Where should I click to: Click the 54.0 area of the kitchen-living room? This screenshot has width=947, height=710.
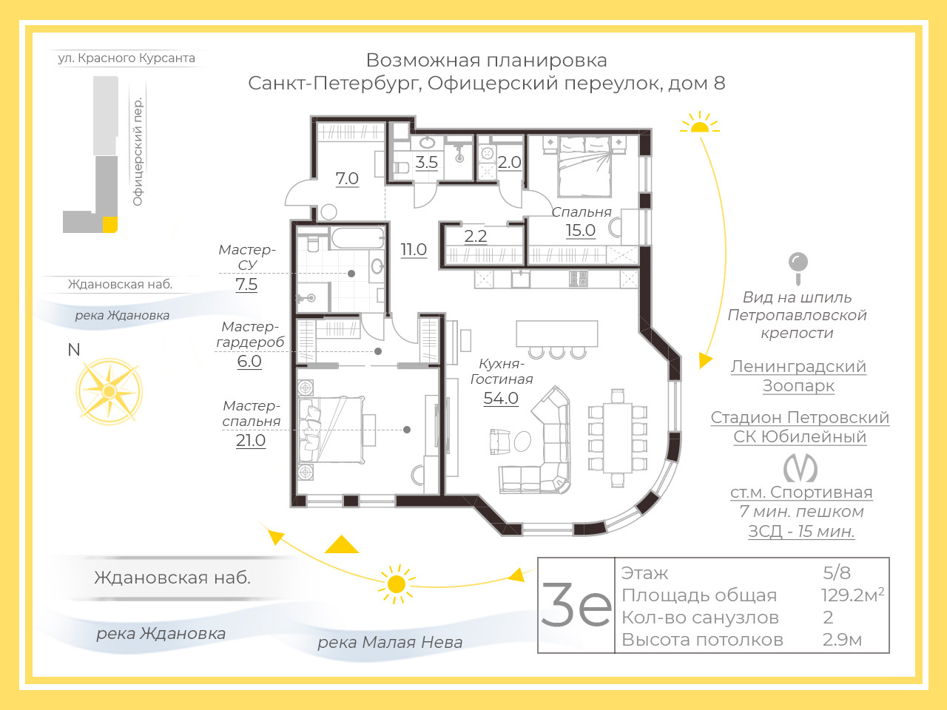(500, 398)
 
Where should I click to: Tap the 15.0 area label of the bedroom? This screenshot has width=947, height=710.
(581, 230)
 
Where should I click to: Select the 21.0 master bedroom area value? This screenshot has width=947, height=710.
(251, 440)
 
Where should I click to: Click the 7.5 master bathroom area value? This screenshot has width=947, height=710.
(246, 284)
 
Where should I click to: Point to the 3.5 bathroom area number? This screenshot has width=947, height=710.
(426, 162)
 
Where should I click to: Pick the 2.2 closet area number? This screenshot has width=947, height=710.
(476, 236)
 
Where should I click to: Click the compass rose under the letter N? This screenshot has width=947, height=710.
(109, 391)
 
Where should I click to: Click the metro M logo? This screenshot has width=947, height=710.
(800, 468)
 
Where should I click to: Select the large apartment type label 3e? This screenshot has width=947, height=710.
(576, 605)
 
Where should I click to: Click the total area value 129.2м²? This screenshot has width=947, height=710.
(852, 595)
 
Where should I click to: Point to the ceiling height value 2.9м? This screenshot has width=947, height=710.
(842, 640)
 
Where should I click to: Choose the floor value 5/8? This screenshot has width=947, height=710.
(837, 572)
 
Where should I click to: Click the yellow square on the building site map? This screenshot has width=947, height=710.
(110, 225)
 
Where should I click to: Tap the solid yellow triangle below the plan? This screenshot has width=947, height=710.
(342, 544)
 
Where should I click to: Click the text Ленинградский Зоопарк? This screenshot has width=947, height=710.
(798, 376)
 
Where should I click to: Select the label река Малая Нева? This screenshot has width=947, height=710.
(390, 642)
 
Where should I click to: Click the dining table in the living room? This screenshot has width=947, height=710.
(617, 438)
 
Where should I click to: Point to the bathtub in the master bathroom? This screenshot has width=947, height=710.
(357, 238)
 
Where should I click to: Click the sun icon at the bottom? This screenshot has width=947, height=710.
(396, 584)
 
